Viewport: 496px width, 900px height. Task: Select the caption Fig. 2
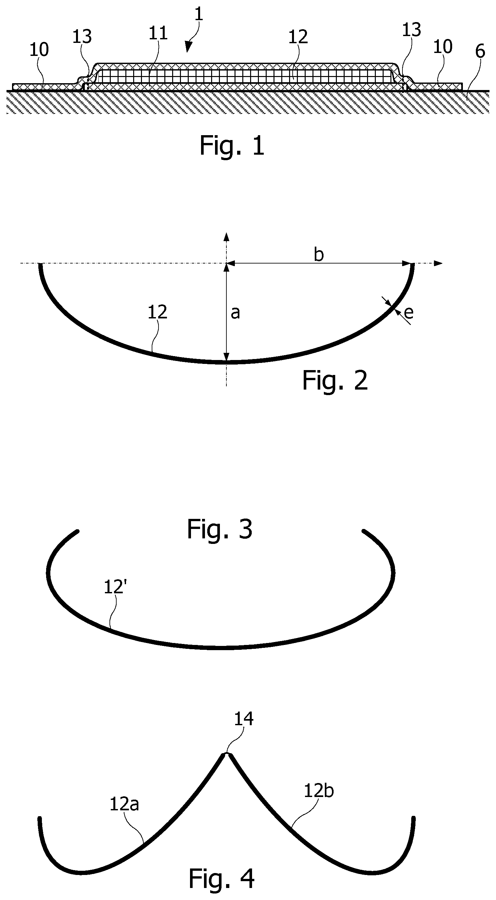tap(335, 381)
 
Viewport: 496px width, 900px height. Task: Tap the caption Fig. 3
tap(220, 529)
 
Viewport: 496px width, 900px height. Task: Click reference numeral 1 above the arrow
tap(198, 14)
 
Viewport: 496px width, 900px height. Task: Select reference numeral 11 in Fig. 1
tap(158, 33)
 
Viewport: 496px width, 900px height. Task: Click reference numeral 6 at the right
tap(480, 51)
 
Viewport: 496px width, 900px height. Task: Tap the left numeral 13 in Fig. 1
tap(82, 36)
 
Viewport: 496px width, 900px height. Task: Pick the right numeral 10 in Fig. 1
tap(442, 46)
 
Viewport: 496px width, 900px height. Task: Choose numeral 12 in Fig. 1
tap(298, 36)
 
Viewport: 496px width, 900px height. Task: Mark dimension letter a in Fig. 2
tap(235, 313)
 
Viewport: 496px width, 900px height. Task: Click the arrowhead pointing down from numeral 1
tap(189, 47)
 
